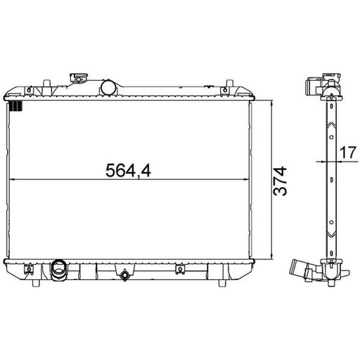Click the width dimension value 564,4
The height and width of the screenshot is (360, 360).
click(128, 170)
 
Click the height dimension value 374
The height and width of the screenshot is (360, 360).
click(280, 181)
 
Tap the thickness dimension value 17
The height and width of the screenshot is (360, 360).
click(348, 153)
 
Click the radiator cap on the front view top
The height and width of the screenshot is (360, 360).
click(79, 77)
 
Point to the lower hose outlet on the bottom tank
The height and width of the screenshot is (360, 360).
click(58, 269)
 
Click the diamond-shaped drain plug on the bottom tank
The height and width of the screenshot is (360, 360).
click(124, 275)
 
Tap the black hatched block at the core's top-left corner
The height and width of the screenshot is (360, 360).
click(15, 105)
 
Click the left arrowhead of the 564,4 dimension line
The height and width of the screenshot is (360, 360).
click(12, 179)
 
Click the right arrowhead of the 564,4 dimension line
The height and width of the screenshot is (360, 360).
click(245, 179)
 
